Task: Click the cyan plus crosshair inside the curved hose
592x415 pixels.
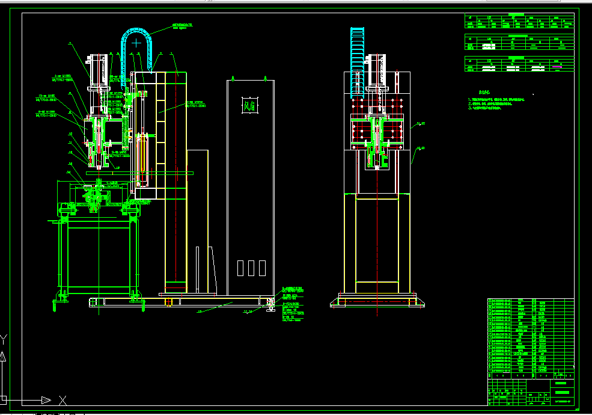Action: pos(137,43)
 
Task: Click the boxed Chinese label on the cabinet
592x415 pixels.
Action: pos(249,106)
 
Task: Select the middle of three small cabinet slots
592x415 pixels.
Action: pos(251,268)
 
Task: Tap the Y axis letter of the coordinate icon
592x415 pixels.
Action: pos(4,338)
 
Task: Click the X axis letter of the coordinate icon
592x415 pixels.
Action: pos(62,399)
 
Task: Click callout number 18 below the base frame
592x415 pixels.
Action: pos(200,312)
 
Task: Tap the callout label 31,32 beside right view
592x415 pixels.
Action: pos(421,124)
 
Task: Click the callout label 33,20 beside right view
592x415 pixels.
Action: pos(421,147)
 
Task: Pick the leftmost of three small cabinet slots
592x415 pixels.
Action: pos(240,268)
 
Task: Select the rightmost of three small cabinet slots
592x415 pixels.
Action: pos(262,268)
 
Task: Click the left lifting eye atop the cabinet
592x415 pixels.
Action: pos(231,78)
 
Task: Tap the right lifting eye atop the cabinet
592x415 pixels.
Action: pos(265,78)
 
